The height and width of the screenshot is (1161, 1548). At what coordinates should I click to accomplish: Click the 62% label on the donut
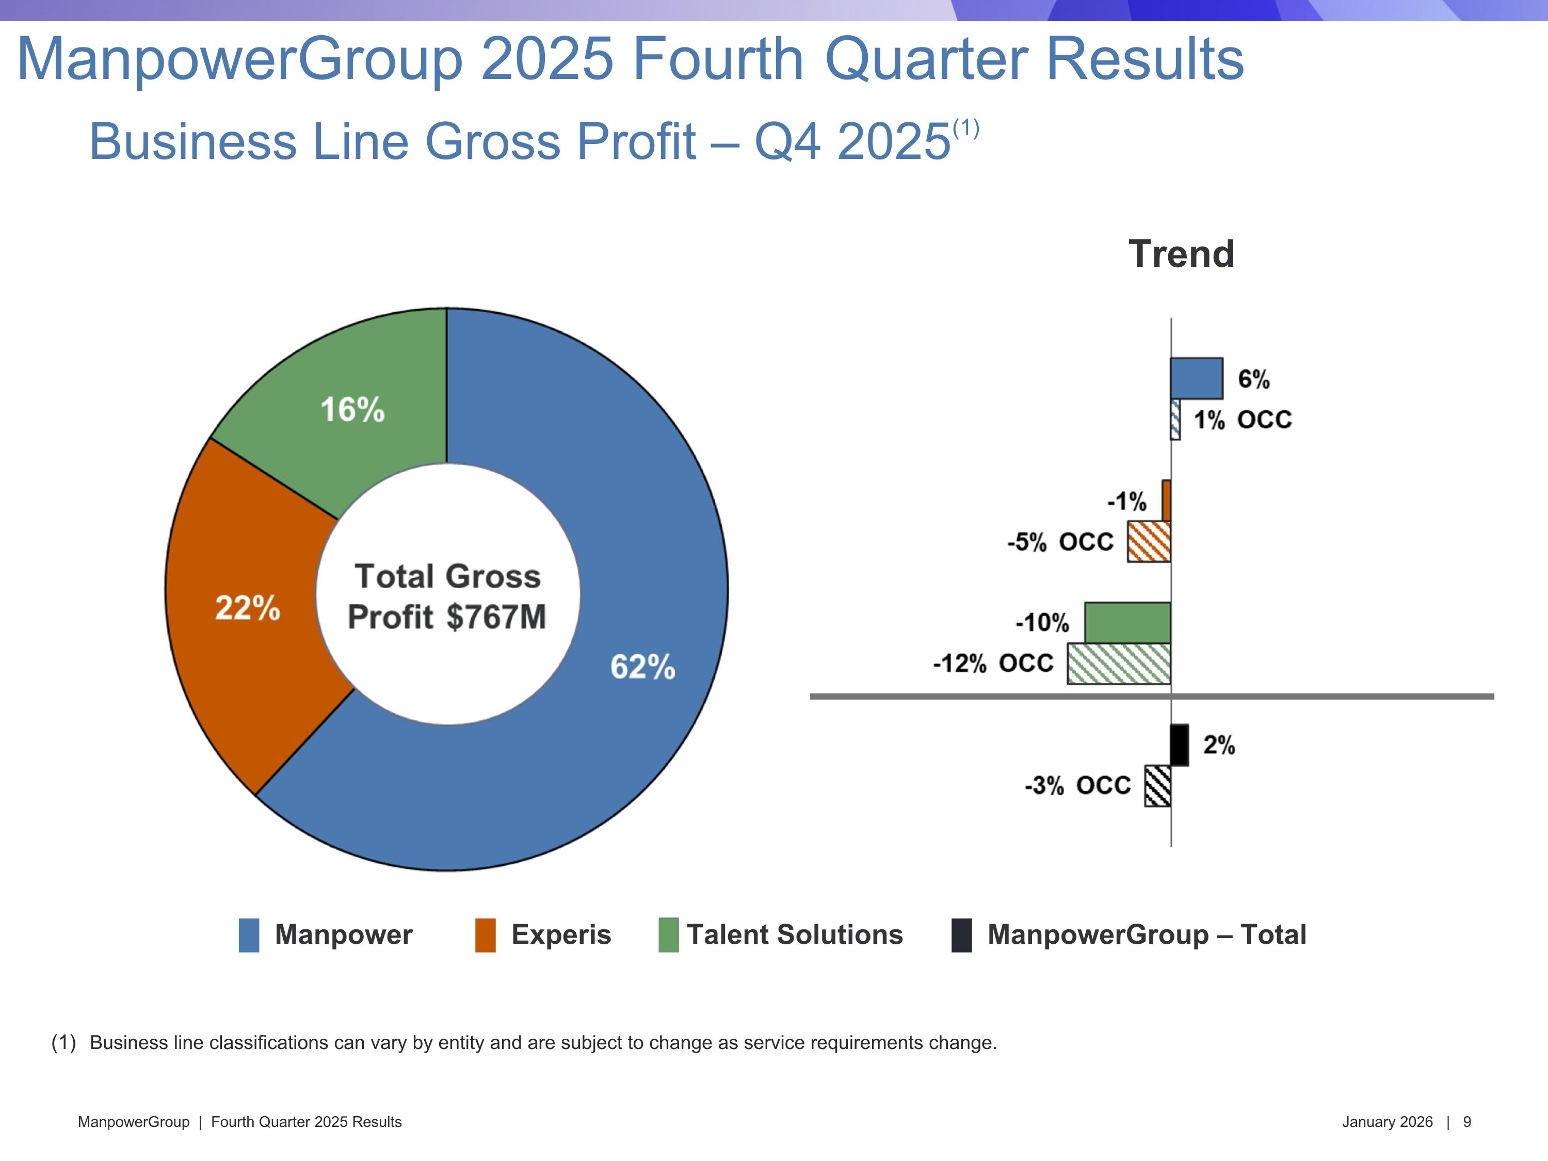(642, 667)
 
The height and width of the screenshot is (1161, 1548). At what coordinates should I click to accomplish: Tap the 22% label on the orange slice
(247, 608)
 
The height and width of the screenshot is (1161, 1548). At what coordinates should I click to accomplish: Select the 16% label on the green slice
(352, 409)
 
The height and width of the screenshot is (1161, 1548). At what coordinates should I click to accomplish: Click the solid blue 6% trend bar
(1197, 379)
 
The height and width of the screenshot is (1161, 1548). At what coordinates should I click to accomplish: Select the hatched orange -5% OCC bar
(1149, 542)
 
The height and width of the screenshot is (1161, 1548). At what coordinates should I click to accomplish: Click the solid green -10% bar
(1127, 623)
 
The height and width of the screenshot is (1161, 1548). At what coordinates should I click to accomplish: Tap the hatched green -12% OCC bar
(1118, 664)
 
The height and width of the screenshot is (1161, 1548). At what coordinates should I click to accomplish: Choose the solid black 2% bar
(1179, 745)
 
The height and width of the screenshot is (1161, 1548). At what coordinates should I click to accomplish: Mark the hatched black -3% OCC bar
(1157, 786)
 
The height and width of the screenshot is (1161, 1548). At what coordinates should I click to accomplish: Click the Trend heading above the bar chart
(1181, 253)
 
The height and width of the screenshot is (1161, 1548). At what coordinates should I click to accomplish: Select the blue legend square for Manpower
(248, 936)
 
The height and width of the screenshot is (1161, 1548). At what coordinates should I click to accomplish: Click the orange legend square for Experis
(485, 936)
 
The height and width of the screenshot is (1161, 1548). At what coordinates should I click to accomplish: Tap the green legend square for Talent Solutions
(668, 936)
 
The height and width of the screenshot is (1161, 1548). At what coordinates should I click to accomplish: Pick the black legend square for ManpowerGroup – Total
(961, 936)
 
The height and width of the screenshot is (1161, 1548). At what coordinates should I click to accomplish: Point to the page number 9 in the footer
(1467, 1122)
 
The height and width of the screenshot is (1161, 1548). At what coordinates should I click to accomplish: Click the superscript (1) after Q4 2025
(966, 129)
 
